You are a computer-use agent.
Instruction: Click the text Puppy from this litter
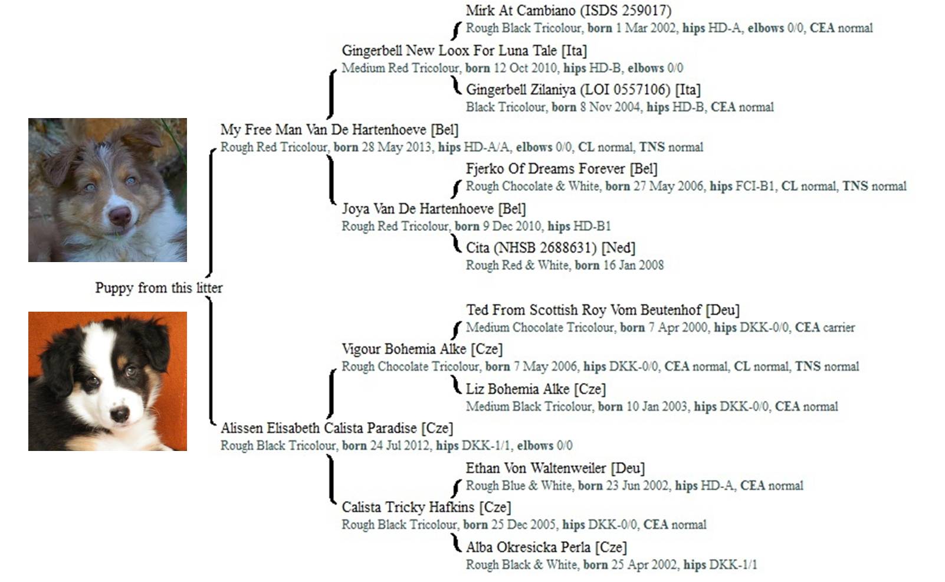[x=159, y=288]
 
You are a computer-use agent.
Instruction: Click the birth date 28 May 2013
[x=396, y=147]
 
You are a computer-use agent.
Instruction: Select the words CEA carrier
[x=825, y=327]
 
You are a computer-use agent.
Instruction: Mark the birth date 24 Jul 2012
[x=399, y=445]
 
